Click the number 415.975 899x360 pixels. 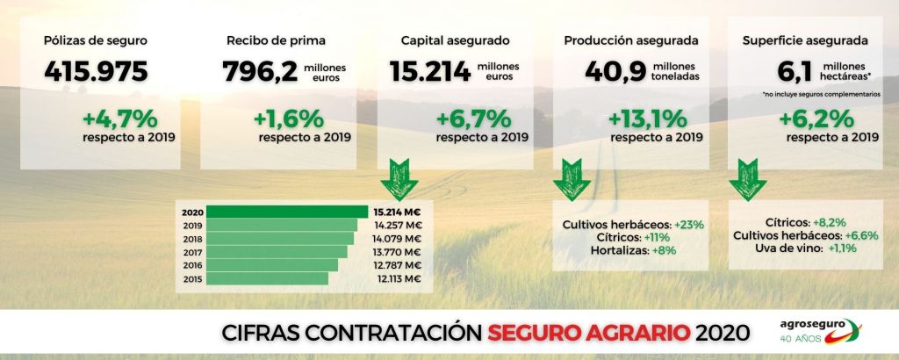pyautogui.click(x=97, y=71)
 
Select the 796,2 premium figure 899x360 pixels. pyautogui.click(x=259, y=71)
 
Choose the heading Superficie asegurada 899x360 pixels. pyautogui.click(x=805, y=40)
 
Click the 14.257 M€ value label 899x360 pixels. pyautogui.click(x=397, y=225)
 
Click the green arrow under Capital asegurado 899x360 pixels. pyautogui.click(x=399, y=178)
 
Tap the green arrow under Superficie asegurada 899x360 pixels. pyautogui.click(x=747, y=178)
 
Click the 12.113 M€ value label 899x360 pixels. pyautogui.click(x=397, y=278)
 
